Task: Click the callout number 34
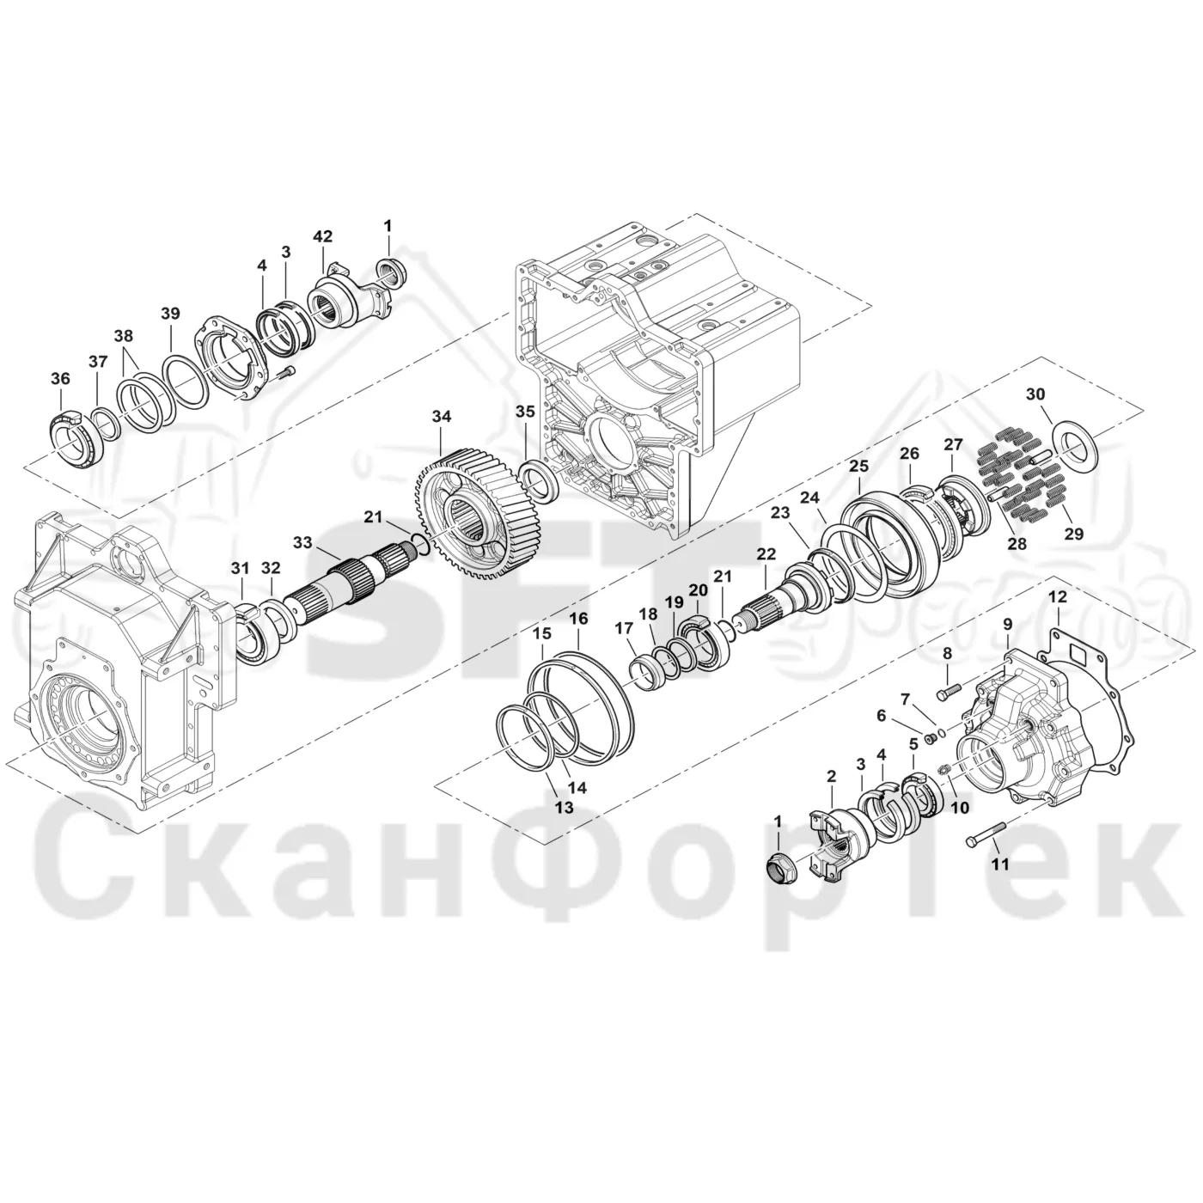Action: pos(441,417)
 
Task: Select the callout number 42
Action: pos(323,236)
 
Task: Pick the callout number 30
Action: pos(1035,394)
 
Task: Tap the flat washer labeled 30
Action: pos(1074,445)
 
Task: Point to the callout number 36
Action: pos(60,379)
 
